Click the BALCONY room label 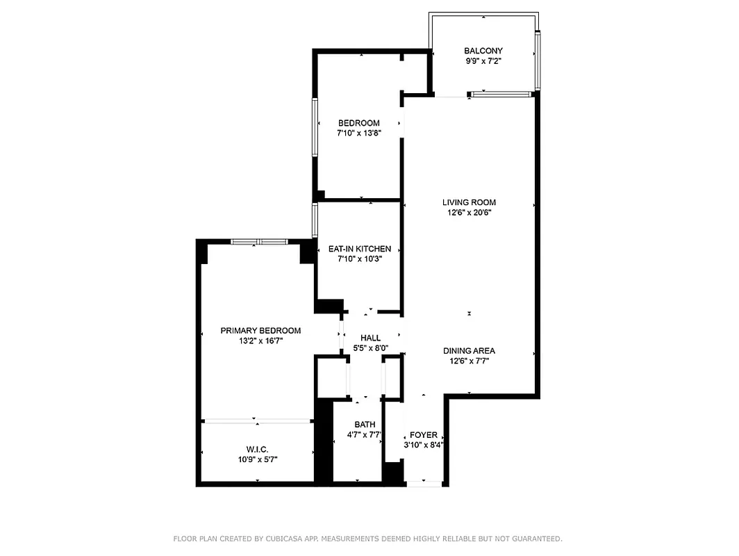(x=483, y=51)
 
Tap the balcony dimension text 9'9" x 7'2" (x=483, y=61)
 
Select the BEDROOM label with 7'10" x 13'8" (x=358, y=123)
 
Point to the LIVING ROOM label (x=469, y=203)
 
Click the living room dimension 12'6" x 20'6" (x=469, y=213)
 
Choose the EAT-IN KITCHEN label (x=359, y=249)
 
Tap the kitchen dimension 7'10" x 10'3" (x=359, y=259)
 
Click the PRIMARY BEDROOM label (x=260, y=331)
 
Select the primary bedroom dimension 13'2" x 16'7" (x=260, y=341)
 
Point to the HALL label (x=370, y=338)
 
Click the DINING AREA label (x=469, y=351)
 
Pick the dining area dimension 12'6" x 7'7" (x=469, y=361)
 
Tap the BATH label (x=365, y=425)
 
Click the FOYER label (x=423, y=435)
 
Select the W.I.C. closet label (x=257, y=449)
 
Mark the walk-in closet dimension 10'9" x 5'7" (x=257, y=459)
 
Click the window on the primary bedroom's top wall (x=259, y=242)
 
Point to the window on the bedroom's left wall (x=315, y=126)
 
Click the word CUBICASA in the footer (x=286, y=539)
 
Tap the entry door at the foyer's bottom (x=424, y=483)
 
